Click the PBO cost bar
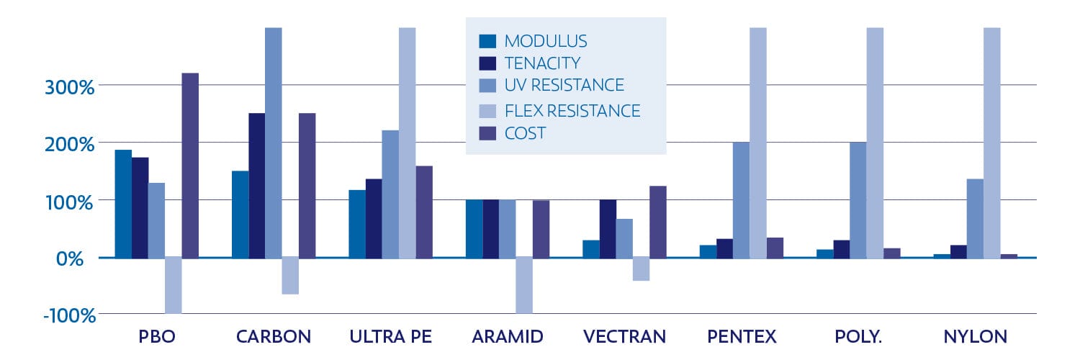click(190, 165)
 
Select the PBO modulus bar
click(123, 203)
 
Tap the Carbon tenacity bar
click(257, 185)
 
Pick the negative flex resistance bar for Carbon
click(290, 276)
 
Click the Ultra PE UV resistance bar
click(390, 194)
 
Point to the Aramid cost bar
click(541, 228)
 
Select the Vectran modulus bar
click(590, 248)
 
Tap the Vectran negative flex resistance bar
click(641, 269)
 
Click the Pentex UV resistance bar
click(741, 199)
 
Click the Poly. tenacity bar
click(841, 248)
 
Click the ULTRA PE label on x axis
click(390, 337)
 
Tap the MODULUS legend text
click(545, 41)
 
